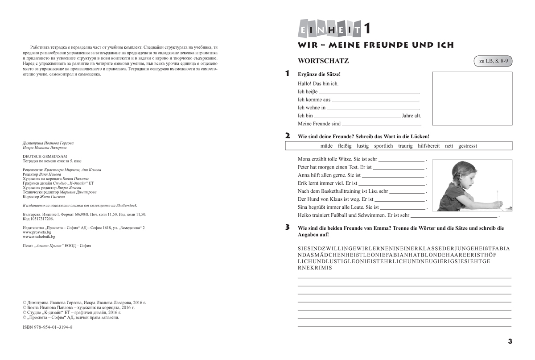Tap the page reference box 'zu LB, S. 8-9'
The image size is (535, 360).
coord(492,62)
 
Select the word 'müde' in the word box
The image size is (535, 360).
coord(326,146)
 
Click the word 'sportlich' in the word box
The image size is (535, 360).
coord(383,146)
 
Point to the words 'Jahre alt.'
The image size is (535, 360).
coord(412,116)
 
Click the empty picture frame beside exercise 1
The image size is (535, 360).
coord(472,99)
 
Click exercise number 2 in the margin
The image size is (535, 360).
coord(288,136)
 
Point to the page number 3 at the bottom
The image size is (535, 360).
coord(510,342)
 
